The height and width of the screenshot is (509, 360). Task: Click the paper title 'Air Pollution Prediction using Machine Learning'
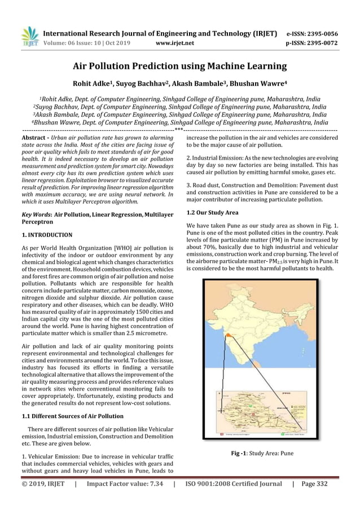[180, 66]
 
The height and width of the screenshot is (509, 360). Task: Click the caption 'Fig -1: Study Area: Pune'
[261, 453]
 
